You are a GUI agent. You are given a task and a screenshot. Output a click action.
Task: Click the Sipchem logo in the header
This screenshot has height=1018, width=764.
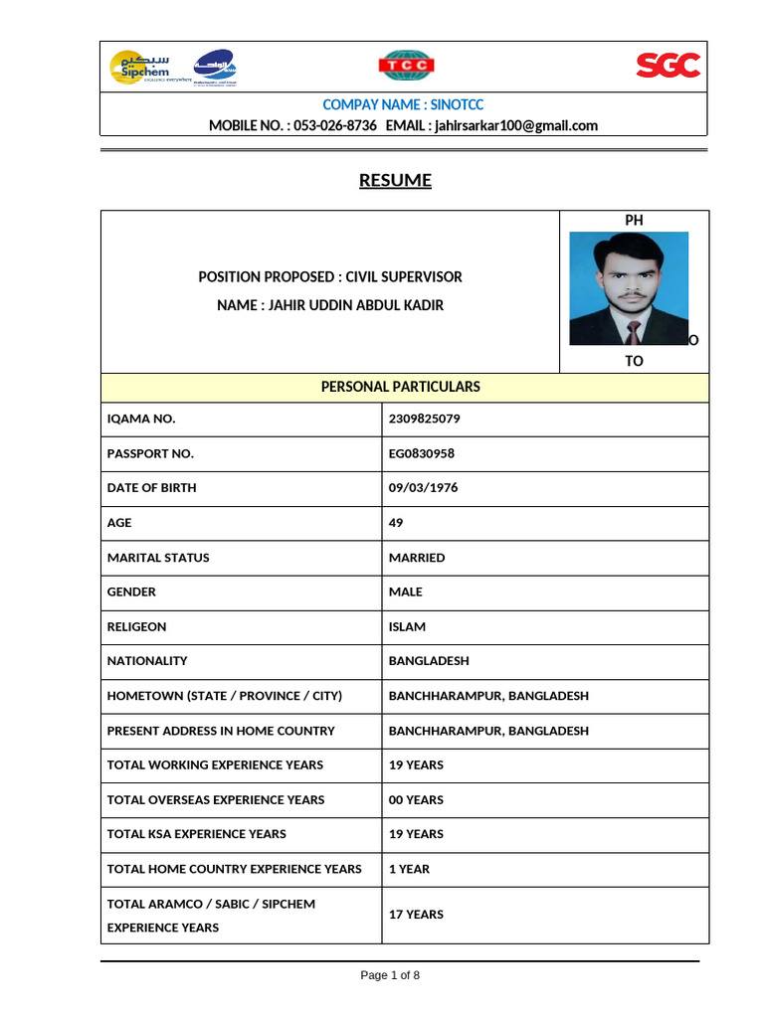point(139,68)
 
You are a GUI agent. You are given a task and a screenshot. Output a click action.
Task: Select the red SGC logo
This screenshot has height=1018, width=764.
point(668,67)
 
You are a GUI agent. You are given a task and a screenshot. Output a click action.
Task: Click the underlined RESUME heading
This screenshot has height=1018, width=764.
point(395,180)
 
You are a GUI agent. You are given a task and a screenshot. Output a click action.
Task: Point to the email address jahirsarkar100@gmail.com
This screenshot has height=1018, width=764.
point(515,125)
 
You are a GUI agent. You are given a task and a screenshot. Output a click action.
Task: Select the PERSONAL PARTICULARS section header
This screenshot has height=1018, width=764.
point(400,386)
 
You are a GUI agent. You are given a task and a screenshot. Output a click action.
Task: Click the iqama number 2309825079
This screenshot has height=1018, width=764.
point(425,419)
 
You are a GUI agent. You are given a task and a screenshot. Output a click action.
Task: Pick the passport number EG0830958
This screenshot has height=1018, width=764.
point(422,453)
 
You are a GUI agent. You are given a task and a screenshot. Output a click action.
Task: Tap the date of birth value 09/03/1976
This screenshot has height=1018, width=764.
point(424,488)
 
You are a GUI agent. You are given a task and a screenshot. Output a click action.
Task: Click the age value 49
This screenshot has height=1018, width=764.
point(396,523)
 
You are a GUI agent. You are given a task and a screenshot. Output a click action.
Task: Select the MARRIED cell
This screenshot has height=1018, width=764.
point(417,558)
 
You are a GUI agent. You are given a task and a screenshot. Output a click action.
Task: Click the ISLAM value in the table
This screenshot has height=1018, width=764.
point(407,626)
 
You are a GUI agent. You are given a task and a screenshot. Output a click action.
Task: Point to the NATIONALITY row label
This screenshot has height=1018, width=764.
point(147,661)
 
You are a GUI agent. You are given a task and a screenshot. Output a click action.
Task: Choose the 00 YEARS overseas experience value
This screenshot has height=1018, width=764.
point(416,799)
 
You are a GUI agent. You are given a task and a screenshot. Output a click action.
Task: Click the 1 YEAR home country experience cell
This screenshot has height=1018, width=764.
point(409,869)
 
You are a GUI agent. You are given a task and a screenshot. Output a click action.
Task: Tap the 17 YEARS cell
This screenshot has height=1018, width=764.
point(416,915)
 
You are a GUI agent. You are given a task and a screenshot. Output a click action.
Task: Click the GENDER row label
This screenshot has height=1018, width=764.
point(131,592)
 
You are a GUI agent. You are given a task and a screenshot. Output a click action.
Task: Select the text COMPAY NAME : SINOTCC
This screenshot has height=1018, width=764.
point(403,104)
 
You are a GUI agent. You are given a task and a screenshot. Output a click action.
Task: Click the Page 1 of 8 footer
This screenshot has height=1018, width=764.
point(390,975)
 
